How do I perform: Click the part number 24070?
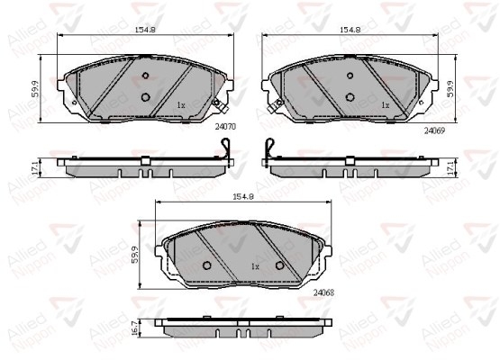pyautogui.click(x=225, y=127)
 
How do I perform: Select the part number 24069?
pyautogui.click(x=434, y=130)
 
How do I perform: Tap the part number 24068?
pyautogui.click(x=323, y=292)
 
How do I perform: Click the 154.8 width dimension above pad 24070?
pyautogui.click(x=145, y=30)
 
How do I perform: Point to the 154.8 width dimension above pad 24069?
pyautogui.click(x=350, y=30)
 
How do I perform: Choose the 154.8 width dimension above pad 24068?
pyautogui.click(x=243, y=196)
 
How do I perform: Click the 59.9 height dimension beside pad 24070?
pyautogui.click(x=36, y=89)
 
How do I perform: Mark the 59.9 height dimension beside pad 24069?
pyautogui.click(x=450, y=89)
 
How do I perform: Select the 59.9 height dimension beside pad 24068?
pyautogui.click(x=135, y=255)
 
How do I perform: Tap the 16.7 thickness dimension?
pyautogui.click(x=134, y=328)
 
